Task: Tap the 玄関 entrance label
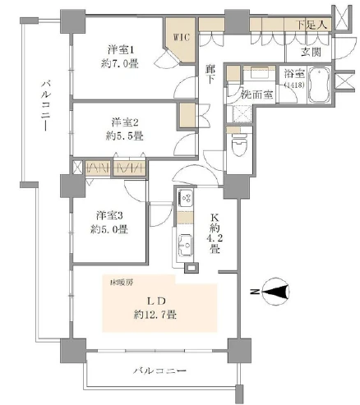click(312, 52)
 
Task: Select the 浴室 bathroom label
click(294, 73)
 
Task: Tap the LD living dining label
click(144, 299)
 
